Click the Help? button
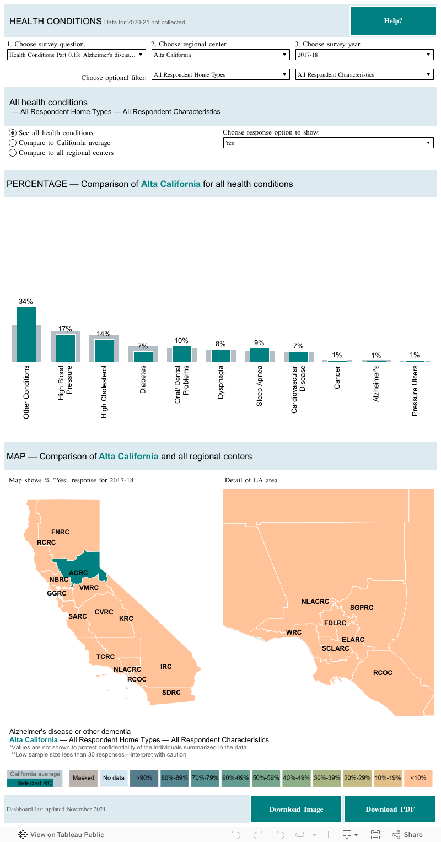[x=392, y=21]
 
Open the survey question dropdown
[x=77, y=55]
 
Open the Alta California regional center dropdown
[x=220, y=55]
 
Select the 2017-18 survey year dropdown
[x=364, y=55]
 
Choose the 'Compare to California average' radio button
[x=13, y=143]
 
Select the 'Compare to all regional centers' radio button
[x=13, y=153]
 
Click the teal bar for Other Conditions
[x=26, y=335]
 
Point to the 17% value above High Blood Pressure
[x=65, y=329]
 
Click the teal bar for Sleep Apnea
[x=260, y=355]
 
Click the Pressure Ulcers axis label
[x=415, y=390]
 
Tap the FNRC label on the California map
[x=60, y=532]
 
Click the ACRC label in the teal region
[x=78, y=573]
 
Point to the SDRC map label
[x=171, y=692]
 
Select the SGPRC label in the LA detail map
[x=362, y=607]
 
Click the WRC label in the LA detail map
[x=294, y=632]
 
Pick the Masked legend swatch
[x=83, y=777]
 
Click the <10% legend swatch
[x=418, y=777]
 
